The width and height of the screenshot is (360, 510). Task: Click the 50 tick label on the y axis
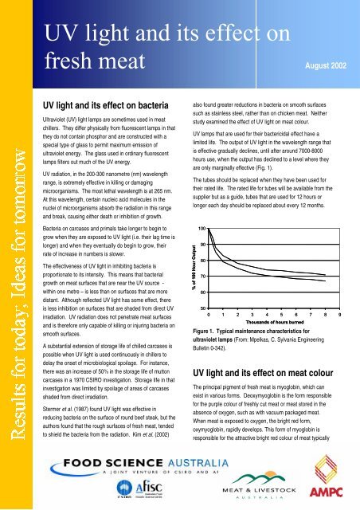203,309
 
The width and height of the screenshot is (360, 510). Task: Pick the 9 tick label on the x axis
340,317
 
